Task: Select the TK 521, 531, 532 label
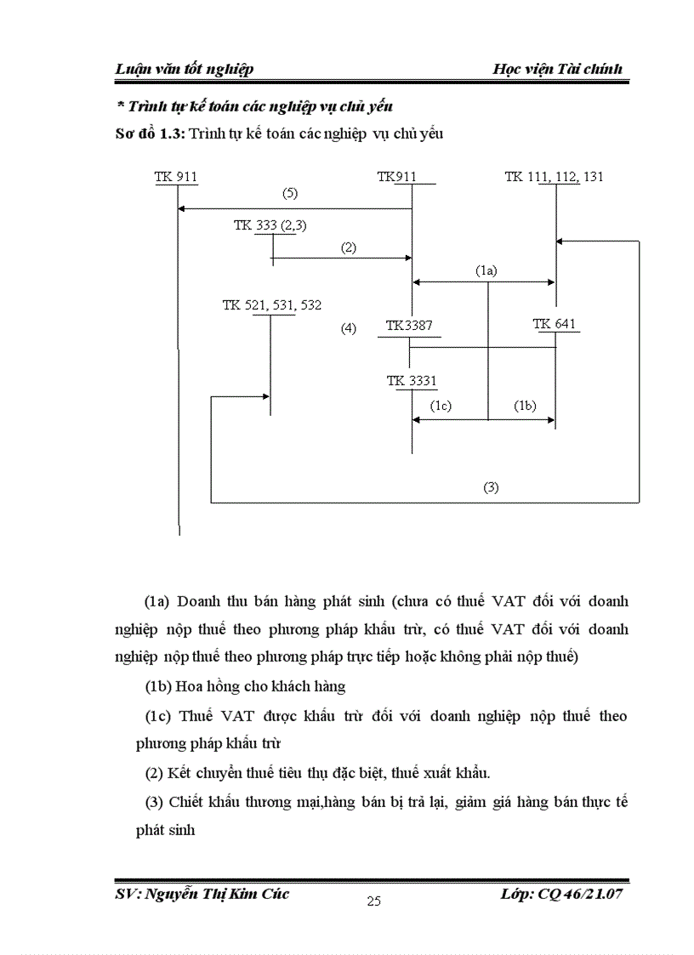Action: [x=272, y=305]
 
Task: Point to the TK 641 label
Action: [x=555, y=324]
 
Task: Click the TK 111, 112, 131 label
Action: [x=554, y=177]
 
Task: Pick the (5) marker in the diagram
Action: [x=290, y=193]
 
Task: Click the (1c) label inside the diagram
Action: [x=441, y=406]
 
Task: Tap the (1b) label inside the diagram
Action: [x=525, y=406]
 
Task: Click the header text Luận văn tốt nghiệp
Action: [x=185, y=69]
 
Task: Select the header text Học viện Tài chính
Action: [x=557, y=69]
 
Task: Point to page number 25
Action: [x=373, y=901]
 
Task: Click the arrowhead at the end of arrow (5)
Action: [x=181, y=208]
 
